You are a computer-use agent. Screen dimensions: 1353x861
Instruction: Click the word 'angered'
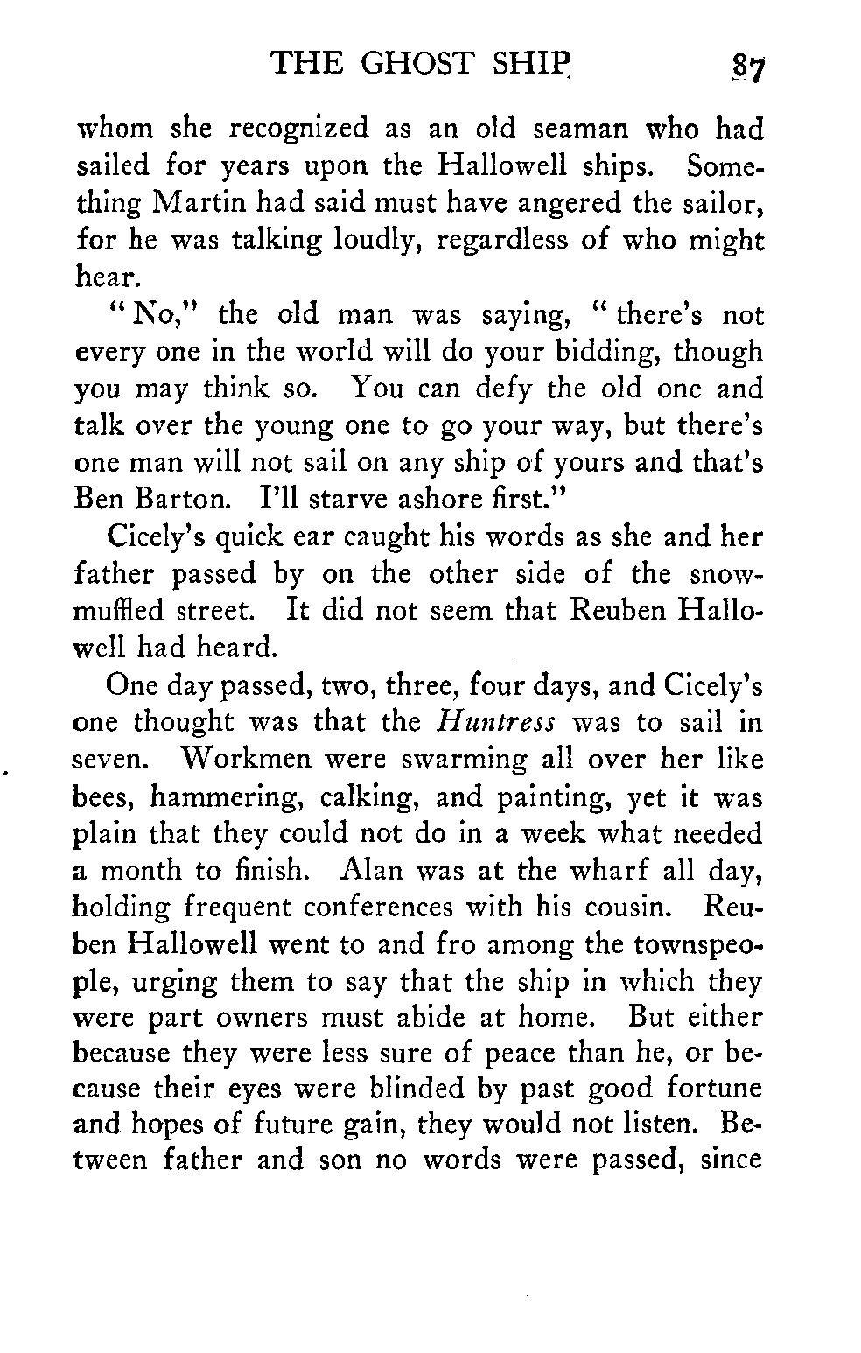click(555, 203)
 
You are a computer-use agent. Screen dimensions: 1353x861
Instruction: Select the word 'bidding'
click(612, 353)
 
